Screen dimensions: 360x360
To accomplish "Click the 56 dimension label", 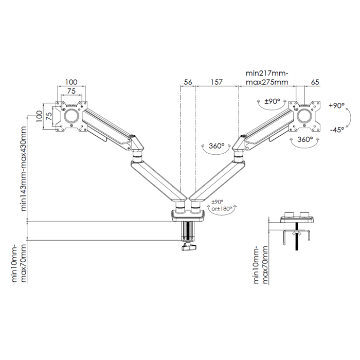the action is [x=188, y=82].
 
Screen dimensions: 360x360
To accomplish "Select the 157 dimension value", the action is [x=217, y=82].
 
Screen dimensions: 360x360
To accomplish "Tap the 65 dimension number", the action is [x=315, y=82].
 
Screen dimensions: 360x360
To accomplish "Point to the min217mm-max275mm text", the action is [x=267, y=78].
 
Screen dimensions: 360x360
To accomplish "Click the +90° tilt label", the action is [x=337, y=105].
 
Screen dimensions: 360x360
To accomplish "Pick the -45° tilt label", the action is [x=337, y=130].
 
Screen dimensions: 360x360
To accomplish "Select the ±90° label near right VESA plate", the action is [x=272, y=101].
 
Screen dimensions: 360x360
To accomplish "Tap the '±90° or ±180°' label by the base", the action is [x=222, y=205].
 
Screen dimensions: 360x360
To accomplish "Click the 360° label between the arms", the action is [x=217, y=146].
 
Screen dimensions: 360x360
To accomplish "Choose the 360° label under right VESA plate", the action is [x=305, y=139].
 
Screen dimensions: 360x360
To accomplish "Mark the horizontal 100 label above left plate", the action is [x=71, y=82].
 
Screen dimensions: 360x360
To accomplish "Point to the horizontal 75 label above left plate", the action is [x=71, y=91].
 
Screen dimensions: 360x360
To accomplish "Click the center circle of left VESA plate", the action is [x=71, y=116].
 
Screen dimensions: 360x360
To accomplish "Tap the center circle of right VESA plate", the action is [x=304, y=116].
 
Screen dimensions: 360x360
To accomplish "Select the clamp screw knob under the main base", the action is [x=189, y=247].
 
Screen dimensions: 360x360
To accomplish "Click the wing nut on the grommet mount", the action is [x=296, y=233].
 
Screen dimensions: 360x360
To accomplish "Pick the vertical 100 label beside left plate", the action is [x=40, y=116].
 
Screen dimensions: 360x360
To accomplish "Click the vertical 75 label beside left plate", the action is [x=49, y=116].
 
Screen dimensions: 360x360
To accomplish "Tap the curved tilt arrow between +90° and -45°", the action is [x=350, y=117].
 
